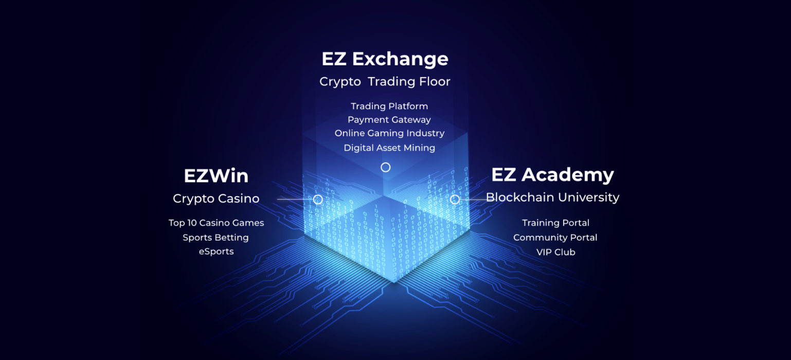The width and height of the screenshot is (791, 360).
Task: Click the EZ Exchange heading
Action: [385, 59]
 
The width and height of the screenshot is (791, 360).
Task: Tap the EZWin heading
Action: [216, 176]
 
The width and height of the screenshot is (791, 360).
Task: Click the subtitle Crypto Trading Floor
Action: [385, 82]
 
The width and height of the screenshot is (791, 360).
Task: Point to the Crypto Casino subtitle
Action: [216, 199]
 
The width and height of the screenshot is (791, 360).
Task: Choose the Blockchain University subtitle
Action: [553, 197]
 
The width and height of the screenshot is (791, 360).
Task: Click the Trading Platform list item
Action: [389, 106]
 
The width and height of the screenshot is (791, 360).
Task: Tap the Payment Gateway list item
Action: [389, 120]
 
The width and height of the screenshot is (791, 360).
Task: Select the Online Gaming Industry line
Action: [389, 133]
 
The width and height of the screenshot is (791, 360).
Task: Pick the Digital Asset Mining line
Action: [389, 148]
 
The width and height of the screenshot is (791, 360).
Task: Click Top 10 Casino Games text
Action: [216, 223]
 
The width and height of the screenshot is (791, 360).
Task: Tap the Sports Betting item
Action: [216, 238]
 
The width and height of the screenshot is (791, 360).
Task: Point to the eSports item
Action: [216, 251]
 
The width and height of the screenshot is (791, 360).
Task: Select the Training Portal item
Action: [555, 223]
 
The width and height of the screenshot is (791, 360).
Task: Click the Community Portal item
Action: [555, 238]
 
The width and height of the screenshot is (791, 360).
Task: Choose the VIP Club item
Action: [556, 253]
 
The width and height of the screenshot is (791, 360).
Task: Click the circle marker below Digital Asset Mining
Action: [386, 163]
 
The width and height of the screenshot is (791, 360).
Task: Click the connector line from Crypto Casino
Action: [295, 200]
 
